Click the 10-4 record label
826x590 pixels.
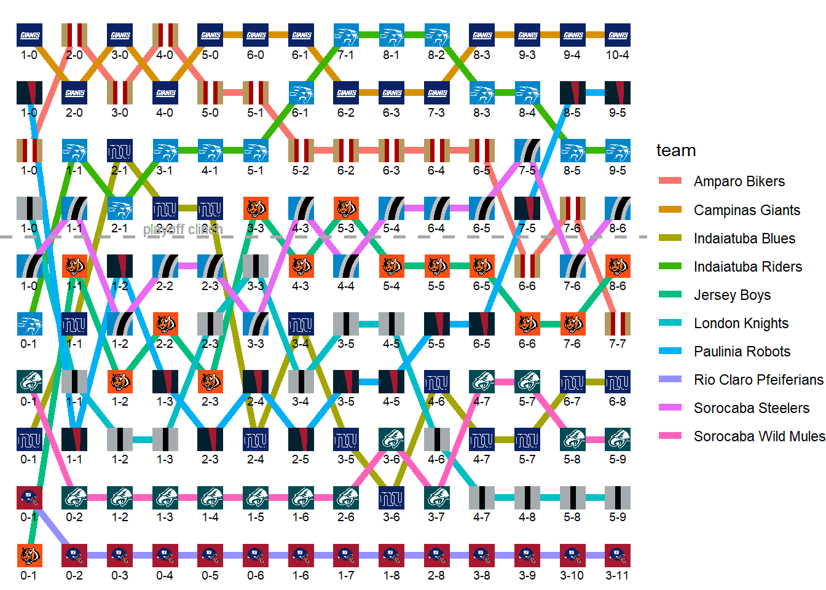point(617,55)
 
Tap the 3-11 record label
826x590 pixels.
point(617,576)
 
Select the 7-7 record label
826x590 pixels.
point(617,344)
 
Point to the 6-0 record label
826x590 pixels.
point(256,55)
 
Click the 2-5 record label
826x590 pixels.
point(301,460)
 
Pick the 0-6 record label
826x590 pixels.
point(256,576)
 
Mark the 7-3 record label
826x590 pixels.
point(436,113)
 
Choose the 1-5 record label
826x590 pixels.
point(256,517)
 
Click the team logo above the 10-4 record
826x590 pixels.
point(617,36)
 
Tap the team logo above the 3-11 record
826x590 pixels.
point(617,556)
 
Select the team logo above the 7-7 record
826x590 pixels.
point(617,324)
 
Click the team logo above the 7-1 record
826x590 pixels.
point(346,36)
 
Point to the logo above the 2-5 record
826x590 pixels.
point(301,439)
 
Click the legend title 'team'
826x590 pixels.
point(676,151)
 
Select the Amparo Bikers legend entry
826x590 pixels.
point(739,182)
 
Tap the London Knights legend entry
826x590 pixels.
point(741,323)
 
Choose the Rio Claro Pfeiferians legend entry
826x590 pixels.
point(758,380)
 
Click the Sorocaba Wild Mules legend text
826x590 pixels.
point(759,436)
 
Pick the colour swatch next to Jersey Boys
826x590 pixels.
point(670,295)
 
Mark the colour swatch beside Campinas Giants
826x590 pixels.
point(670,210)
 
